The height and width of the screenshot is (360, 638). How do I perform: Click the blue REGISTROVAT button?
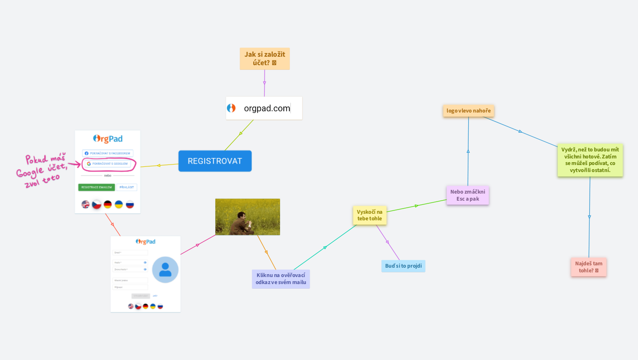pyautogui.click(x=215, y=161)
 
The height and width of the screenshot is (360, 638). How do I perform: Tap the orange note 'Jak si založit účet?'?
pyautogui.click(x=265, y=59)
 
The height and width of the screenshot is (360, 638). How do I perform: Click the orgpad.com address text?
pyautogui.click(x=267, y=108)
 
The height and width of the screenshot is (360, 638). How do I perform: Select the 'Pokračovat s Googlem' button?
pyautogui.click(x=107, y=164)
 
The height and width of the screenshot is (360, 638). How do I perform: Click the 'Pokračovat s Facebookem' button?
pyautogui.click(x=107, y=153)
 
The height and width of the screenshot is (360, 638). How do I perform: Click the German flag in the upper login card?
pyautogui.click(x=108, y=204)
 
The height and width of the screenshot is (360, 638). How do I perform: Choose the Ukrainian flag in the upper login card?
pyautogui.click(x=119, y=204)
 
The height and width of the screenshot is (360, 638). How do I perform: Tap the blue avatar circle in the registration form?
pyautogui.click(x=165, y=270)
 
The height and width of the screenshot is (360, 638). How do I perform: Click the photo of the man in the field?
pyautogui.click(x=248, y=217)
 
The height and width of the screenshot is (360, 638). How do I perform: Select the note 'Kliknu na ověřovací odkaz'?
pyautogui.click(x=281, y=279)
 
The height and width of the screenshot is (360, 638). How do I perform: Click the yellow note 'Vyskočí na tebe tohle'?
pyautogui.click(x=370, y=215)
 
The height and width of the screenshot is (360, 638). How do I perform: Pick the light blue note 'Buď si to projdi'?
pyautogui.click(x=403, y=266)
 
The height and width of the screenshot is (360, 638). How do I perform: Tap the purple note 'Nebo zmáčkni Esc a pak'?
pyautogui.click(x=468, y=195)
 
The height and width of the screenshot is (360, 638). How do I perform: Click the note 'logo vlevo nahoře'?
pyautogui.click(x=469, y=111)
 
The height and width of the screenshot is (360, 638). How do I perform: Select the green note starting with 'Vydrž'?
pyautogui.click(x=590, y=160)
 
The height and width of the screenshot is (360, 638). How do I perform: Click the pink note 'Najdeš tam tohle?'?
pyautogui.click(x=589, y=267)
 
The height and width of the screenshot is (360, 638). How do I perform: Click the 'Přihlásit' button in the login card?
pyautogui.click(x=127, y=187)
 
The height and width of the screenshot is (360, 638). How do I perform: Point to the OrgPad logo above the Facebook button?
pyautogui.click(x=108, y=139)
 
